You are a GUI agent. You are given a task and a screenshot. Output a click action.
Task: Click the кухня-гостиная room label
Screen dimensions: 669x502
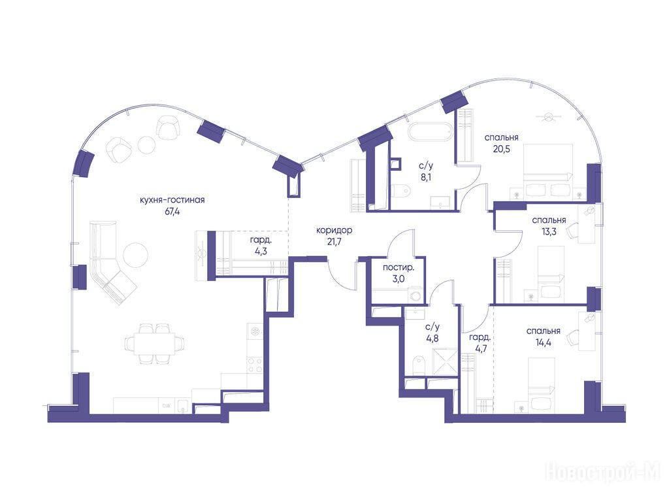pos(172,200)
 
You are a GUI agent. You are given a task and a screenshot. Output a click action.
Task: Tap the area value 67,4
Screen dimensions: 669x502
pos(172,211)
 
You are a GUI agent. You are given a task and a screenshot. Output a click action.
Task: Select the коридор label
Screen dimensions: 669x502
pos(334,231)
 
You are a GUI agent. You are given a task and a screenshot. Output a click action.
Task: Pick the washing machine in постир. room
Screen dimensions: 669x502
pos(415,295)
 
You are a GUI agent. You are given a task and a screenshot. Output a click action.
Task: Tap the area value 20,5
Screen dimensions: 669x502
pos(501,149)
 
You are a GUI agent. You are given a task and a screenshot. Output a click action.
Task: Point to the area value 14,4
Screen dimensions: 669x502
pos(543,343)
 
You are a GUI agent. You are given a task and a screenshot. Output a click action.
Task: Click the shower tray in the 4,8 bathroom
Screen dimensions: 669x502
pos(444,362)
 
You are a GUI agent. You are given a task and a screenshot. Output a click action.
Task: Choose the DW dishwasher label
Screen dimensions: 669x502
pos(166,406)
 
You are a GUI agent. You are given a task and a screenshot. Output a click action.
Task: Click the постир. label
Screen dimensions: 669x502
pos(398,268)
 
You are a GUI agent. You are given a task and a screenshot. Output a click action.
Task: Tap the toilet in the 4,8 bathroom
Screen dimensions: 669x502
pos(419,366)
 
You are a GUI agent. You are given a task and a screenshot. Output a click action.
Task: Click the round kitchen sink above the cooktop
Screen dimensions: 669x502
pos(255,331)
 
